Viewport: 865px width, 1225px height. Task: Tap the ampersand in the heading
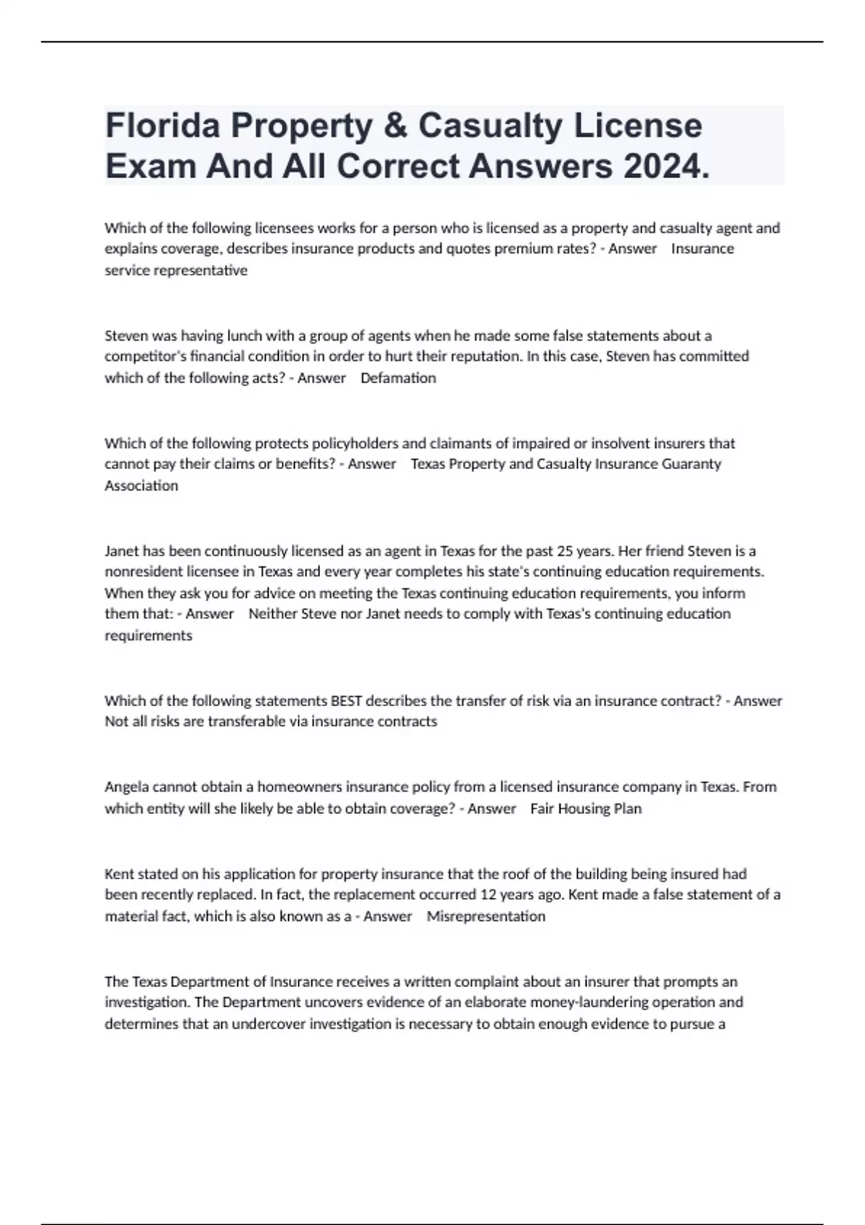coord(391,126)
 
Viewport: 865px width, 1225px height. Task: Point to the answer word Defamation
coord(398,378)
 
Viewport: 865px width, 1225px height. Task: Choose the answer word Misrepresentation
coord(486,916)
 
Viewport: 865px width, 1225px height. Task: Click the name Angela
coord(126,787)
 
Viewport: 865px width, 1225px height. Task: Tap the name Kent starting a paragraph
coord(119,874)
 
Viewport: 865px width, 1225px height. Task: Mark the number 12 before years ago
coord(488,895)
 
